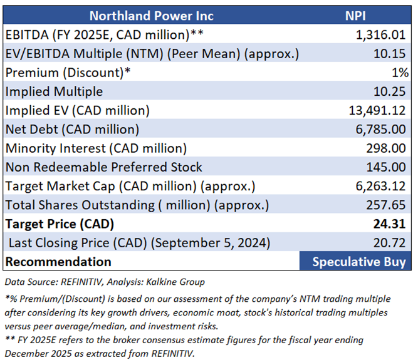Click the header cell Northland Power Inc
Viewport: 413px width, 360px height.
point(151,16)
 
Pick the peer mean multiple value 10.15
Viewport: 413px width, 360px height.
point(392,53)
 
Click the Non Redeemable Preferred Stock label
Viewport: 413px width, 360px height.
point(104,167)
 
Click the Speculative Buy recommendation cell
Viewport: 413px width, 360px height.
point(359,262)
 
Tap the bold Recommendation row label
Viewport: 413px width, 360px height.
point(58,262)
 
